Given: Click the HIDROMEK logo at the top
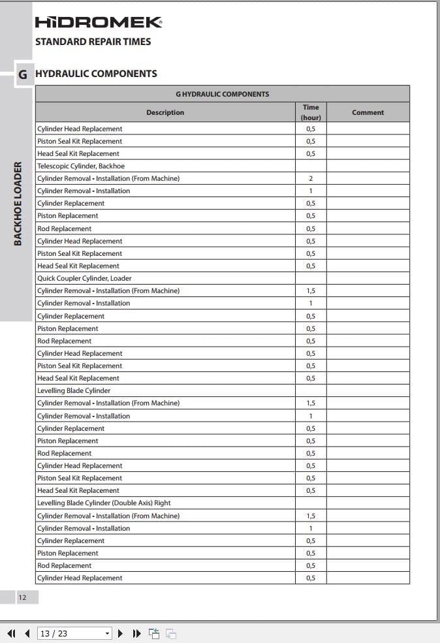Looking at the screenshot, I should pos(98,23).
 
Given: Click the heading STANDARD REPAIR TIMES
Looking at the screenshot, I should pos(93,42).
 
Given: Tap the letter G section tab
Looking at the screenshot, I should pos(23,74).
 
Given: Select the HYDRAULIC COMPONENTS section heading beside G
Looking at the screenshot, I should pos(96,74).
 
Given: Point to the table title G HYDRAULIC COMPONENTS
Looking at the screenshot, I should pos(222,94).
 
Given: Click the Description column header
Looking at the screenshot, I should pos(165,112).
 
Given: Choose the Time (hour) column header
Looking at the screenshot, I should pos(311,112).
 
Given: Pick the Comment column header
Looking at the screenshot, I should pos(368,112).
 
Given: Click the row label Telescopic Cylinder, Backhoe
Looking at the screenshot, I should pos(81,166).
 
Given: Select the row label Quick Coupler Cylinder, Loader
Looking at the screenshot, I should pos(84,278).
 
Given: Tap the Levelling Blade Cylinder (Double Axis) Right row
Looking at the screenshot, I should pos(104,503).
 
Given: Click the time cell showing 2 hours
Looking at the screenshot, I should pos(311,179).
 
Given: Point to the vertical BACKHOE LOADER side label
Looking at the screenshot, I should pos(18,204).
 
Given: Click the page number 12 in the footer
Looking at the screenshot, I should pos(22,597).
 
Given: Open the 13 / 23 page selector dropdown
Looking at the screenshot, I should pos(74,633).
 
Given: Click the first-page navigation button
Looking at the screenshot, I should pos(11,633).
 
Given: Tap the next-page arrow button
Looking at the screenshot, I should pos(120,633).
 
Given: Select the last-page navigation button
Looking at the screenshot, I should pos(137,633).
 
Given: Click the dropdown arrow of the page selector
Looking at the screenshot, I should pos(108,633).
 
